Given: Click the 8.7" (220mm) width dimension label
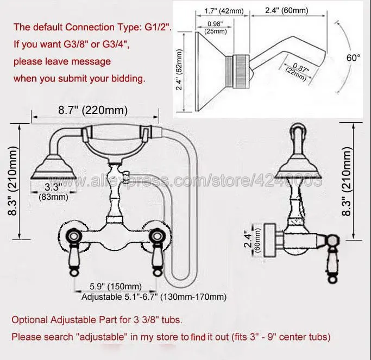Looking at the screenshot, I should (x=93, y=110).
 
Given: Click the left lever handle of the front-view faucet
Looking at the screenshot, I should (x=73, y=254).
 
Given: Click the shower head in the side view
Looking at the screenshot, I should (x=297, y=169).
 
